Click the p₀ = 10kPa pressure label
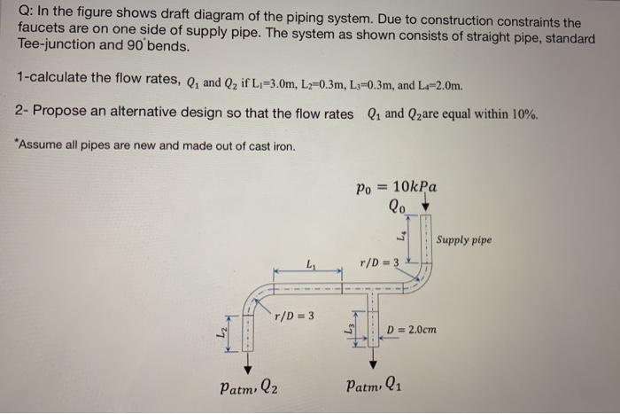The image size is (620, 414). (395, 188)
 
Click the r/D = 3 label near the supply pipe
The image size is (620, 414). (378, 263)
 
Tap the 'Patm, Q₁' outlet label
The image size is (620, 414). (376, 387)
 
